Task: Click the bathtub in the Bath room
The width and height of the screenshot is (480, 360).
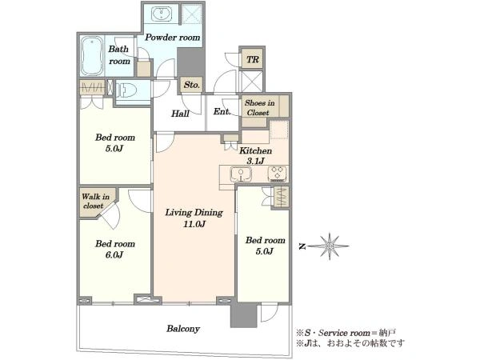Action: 92,56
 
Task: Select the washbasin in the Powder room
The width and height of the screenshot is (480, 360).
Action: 162,14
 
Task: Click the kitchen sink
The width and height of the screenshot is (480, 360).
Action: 241,174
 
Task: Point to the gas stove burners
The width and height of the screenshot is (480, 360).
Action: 278,174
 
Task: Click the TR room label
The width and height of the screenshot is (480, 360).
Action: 253,59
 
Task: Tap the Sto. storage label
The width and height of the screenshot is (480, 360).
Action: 192,85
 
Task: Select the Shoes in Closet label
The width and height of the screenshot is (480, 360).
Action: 259,108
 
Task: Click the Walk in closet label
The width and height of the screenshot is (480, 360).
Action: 95,201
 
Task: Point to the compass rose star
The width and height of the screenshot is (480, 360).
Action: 330,246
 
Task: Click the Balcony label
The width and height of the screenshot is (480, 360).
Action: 183,329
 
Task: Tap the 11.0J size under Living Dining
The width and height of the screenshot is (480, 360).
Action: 194,224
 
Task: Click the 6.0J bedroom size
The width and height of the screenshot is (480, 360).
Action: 114,254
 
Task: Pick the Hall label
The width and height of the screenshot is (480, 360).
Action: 180,114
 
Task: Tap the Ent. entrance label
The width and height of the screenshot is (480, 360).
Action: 222,112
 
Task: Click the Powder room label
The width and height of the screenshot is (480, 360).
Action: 172,38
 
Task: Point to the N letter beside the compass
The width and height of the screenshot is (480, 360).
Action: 302,246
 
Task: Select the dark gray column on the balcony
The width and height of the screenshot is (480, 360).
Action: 243,315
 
